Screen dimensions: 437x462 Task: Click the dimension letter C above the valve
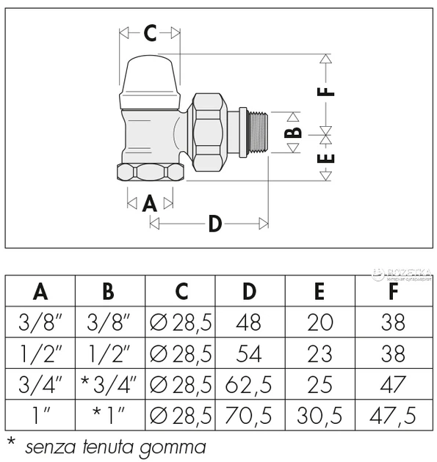(150, 33)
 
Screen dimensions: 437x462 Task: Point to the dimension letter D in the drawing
(214, 224)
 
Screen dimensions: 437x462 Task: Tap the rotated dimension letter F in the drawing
(326, 92)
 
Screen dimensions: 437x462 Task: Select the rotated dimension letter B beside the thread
(293, 132)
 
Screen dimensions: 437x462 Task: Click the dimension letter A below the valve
(150, 203)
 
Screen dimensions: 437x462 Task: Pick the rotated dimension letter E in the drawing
(326, 158)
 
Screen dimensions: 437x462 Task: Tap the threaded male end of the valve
(257, 132)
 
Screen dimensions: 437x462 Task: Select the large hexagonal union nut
(210, 132)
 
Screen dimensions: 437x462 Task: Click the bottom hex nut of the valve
(151, 172)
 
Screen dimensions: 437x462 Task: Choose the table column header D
(249, 291)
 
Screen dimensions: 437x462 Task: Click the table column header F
(394, 291)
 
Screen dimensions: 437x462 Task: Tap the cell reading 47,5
(393, 416)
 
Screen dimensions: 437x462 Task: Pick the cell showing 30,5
(319, 416)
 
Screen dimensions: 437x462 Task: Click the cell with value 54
(249, 353)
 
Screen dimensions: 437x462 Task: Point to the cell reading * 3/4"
(109, 384)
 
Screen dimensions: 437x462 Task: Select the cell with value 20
(320, 323)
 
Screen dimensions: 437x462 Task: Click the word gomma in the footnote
(173, 447)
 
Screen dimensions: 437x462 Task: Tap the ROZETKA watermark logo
(402, 274)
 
